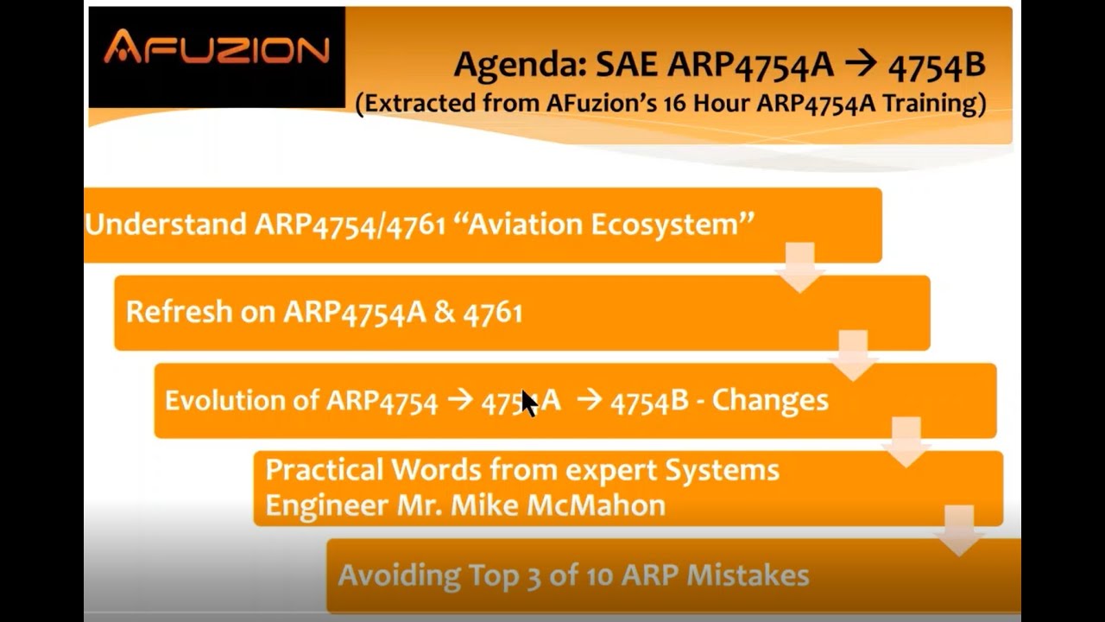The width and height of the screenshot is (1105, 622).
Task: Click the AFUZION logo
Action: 217,48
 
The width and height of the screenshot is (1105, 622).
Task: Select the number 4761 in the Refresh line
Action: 493,312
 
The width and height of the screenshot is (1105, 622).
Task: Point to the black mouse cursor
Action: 528,403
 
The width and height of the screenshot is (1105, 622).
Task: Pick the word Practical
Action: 324,470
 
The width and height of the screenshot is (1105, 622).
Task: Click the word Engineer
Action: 325,505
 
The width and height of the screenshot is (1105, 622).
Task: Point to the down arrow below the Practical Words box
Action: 959,530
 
